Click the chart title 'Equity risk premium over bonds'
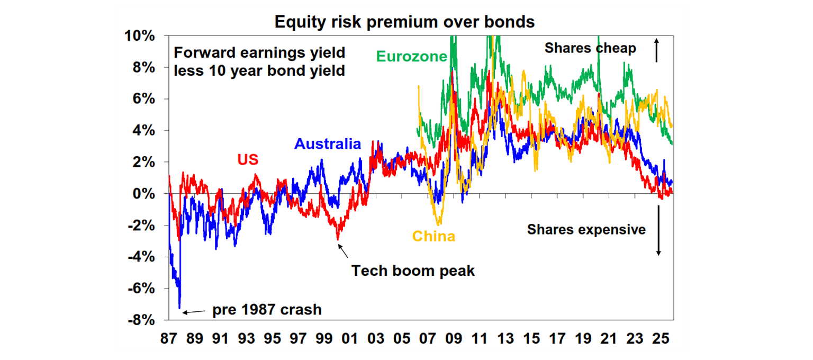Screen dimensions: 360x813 tap(405, 22)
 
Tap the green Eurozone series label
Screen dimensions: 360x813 tap(412, 56)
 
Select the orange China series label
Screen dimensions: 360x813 tap(433, 236)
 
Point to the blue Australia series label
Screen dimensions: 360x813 tap(328, 144)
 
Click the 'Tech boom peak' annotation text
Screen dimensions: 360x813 tap(413, 271)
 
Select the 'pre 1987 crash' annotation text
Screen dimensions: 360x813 tap(267, 309)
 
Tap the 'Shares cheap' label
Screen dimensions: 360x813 tap(590, 48)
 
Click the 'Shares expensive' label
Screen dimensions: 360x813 tap(586, 229)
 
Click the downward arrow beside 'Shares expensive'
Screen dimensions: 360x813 tap(658, 230)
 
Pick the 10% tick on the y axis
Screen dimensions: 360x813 tap(140, 36)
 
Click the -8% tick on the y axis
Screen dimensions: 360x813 tap(140, 320)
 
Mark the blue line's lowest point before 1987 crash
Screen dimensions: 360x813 tap(179, 308)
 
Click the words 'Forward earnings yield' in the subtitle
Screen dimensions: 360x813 tap(259, 53)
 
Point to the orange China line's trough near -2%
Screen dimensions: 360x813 tap(438, 224)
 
